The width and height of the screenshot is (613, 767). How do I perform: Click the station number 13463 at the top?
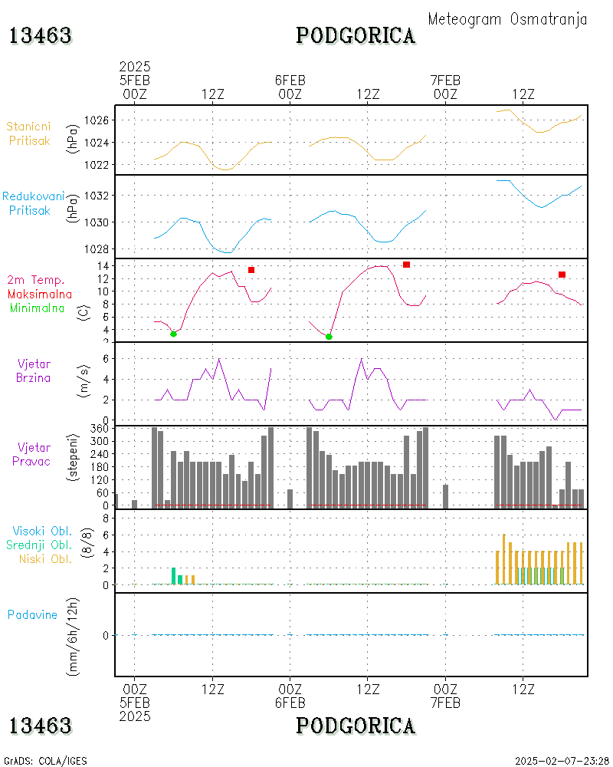41,35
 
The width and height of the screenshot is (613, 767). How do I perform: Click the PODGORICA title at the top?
356,35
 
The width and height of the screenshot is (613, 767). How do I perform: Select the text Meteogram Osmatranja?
507,19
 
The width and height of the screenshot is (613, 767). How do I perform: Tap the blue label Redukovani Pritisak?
32,203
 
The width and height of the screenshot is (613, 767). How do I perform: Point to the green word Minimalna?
38,308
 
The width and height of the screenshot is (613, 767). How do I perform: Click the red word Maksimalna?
40,294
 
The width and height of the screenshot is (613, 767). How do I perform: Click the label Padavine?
32,614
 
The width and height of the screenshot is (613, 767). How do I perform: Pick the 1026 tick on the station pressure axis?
101,120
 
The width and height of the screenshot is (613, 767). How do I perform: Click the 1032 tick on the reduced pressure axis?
101,196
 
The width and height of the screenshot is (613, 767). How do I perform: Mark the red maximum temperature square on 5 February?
251,270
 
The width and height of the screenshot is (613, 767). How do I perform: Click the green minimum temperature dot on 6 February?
329,337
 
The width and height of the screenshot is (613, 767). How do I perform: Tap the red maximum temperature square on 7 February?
562,275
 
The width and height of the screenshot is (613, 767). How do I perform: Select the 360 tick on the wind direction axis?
101,429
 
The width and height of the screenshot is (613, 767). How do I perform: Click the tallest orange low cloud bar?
503,559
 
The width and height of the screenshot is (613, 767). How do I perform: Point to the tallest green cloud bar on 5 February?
173,576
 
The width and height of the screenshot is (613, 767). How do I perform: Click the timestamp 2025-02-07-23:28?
562,761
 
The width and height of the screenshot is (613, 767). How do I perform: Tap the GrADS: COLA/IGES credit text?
45,761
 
